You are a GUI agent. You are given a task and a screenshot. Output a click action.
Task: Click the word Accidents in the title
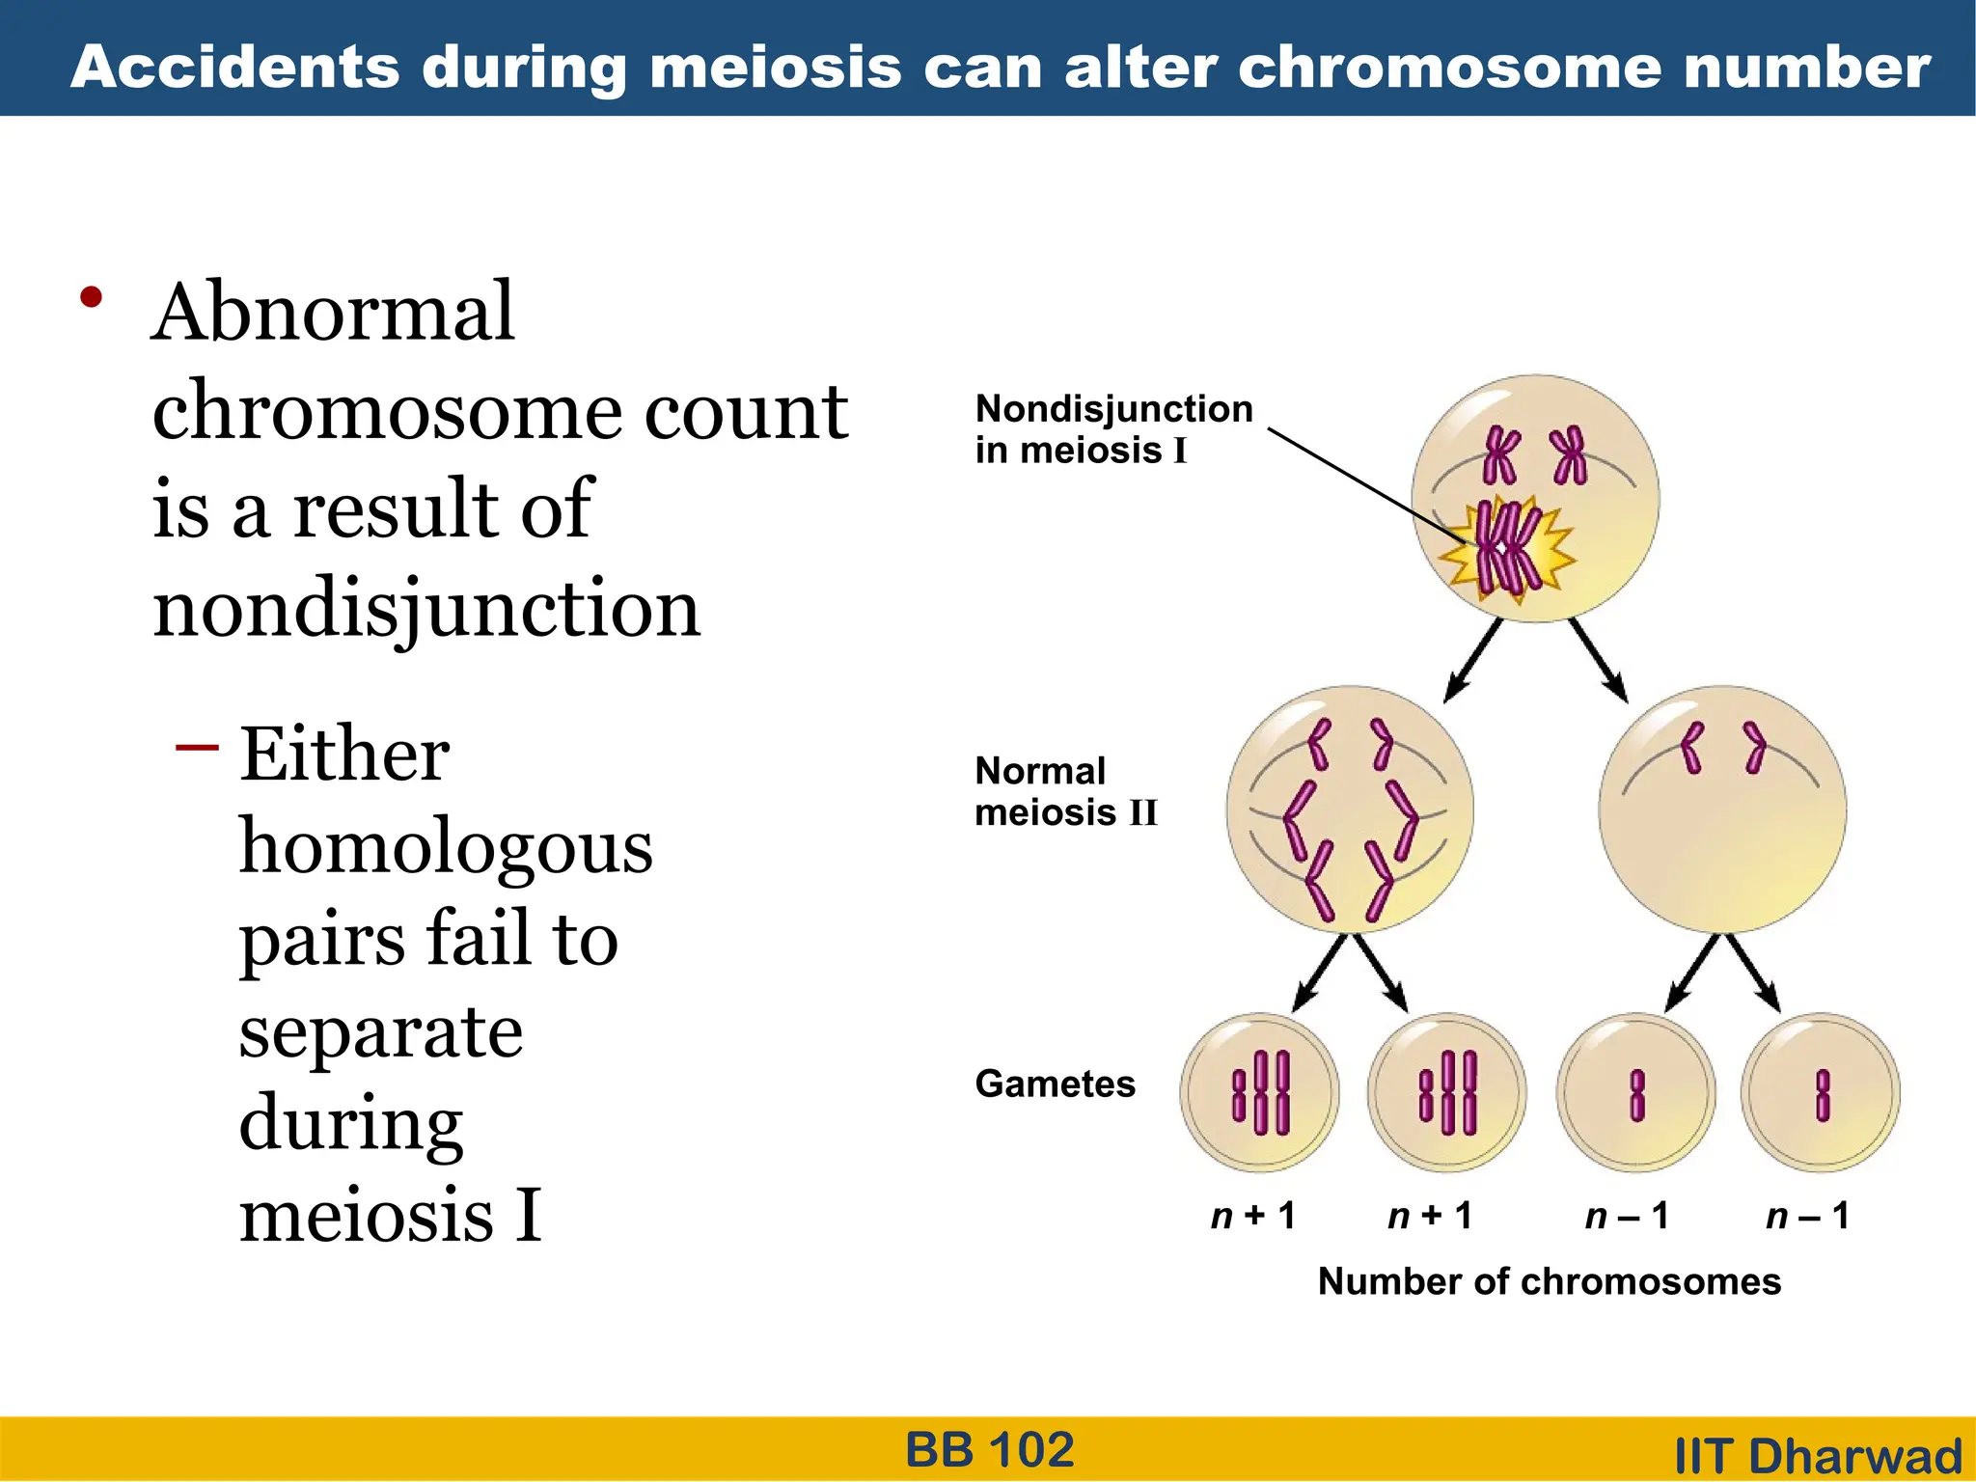tap(234, 68)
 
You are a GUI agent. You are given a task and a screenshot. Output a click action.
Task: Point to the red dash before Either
tap(197, 747)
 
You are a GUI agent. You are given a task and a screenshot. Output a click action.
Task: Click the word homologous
tap(445, 847)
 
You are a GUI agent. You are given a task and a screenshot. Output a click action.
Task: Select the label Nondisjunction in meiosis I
tap(1112, 428)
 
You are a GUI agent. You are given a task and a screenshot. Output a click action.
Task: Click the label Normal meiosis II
tap(1064, 791)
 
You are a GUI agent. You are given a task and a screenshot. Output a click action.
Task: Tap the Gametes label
tap(1055, 1084)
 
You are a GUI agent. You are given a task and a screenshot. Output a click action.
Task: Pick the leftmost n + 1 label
tap(1252, 1216)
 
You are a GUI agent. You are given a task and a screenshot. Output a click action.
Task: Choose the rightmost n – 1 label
tap(1807, 1216)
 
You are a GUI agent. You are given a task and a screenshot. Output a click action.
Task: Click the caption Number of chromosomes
tap(1549, 1281)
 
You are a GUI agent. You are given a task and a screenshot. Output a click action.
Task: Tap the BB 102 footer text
tap(989, 1449)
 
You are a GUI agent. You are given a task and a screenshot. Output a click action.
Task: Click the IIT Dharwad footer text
tap(1818, 1455)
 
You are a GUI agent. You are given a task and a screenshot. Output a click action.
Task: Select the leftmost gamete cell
tap(1259, 1092)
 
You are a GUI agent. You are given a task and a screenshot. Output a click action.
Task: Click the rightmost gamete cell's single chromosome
tap(1822, 1095)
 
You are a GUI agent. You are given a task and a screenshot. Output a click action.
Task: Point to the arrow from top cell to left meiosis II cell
tap(1472, 662)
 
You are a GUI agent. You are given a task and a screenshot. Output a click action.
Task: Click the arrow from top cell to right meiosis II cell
tap(1599, 662)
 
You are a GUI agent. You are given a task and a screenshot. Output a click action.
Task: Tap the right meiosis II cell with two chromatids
tap(1722, 810)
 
